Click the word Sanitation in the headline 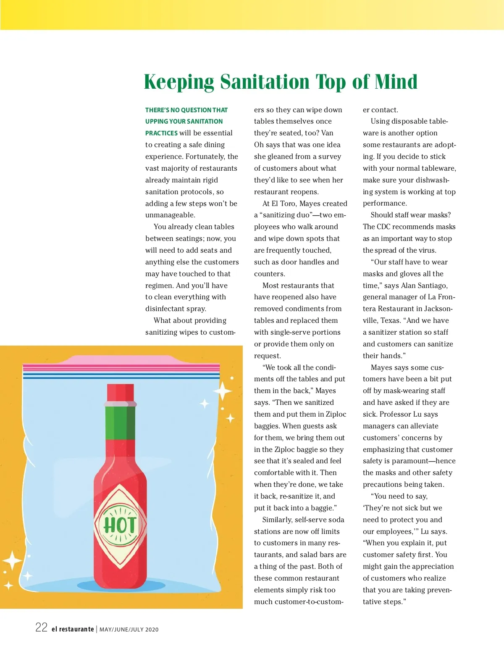coord(264,82)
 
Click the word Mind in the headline coord(396,82)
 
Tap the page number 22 coord(41,628)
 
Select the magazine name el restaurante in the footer coord(73,629)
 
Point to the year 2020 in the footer coord(152,630)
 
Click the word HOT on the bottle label coord(120,525)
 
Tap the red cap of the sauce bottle coord(121,393)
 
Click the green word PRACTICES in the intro coord(161,133)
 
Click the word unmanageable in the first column coord(170,215)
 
